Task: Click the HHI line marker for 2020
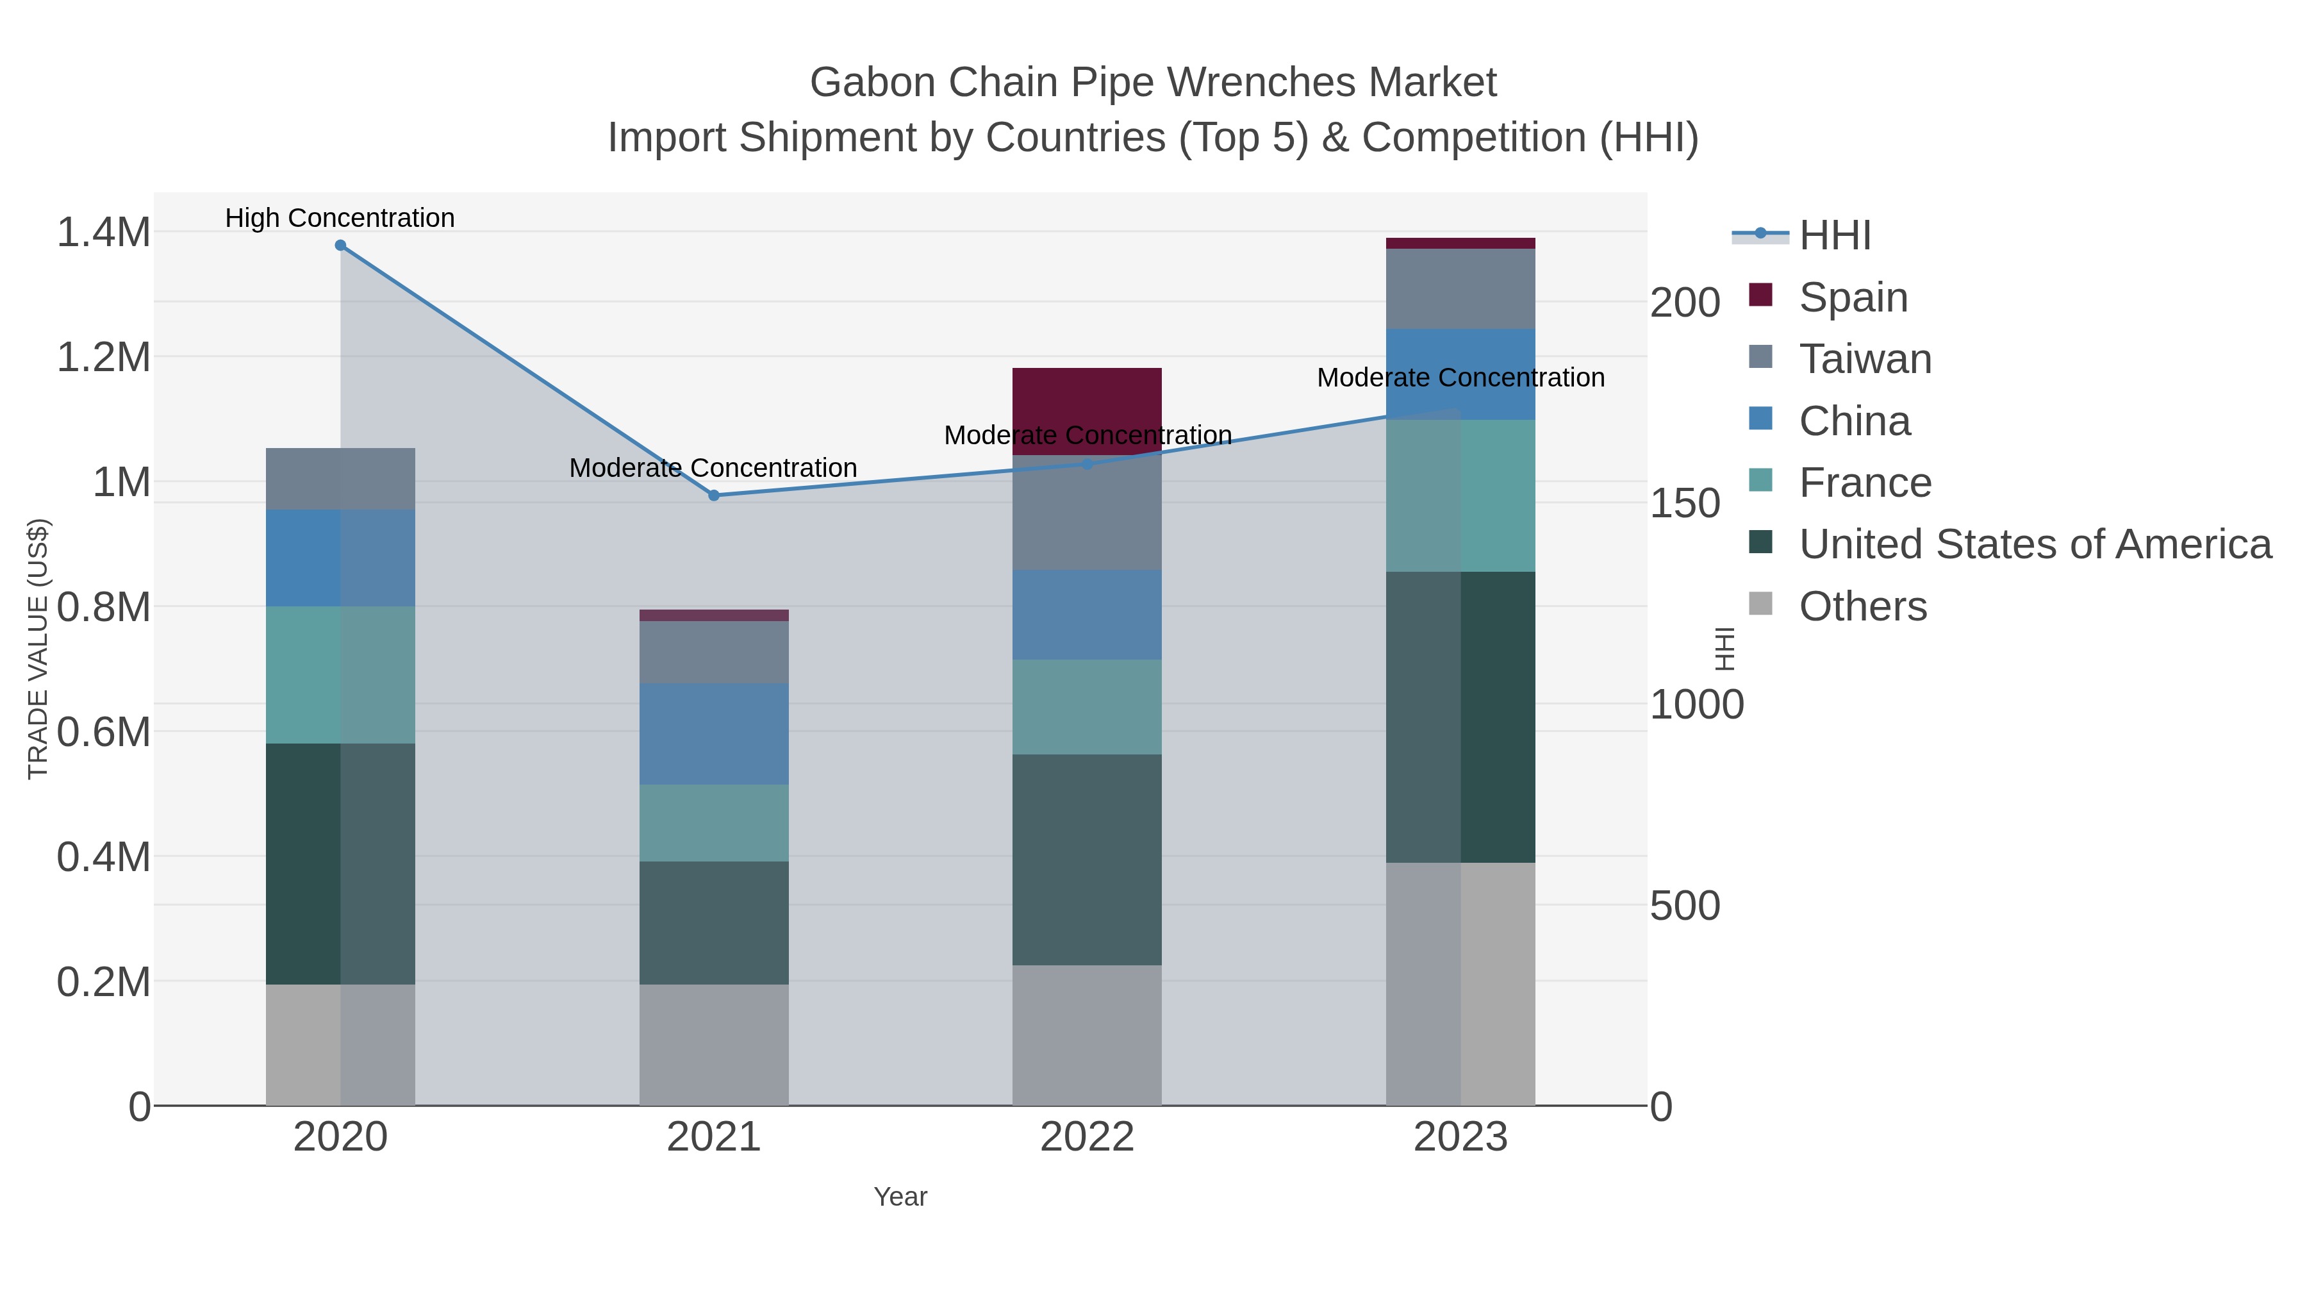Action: click(x=340, y=245)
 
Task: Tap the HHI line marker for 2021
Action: click(x=714, y=495)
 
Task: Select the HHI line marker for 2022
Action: click(x=1087, y=464)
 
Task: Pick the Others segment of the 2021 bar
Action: click(x=714, y=1045)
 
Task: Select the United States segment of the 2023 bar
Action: click(x=1460, y=717)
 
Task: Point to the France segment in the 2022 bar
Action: click(x=1087, y=707)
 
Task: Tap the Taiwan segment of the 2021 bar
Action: click(x=714, y=651)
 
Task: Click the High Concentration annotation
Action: click(x=340, y=218)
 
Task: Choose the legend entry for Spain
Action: click(x=1853, y=297)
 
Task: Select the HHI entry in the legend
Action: click(x=1834, y=236)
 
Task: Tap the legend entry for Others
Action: click(x=1862, y=606)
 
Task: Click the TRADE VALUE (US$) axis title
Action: click(x=38, y=649)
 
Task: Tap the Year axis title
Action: click(x=900, y=1197)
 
